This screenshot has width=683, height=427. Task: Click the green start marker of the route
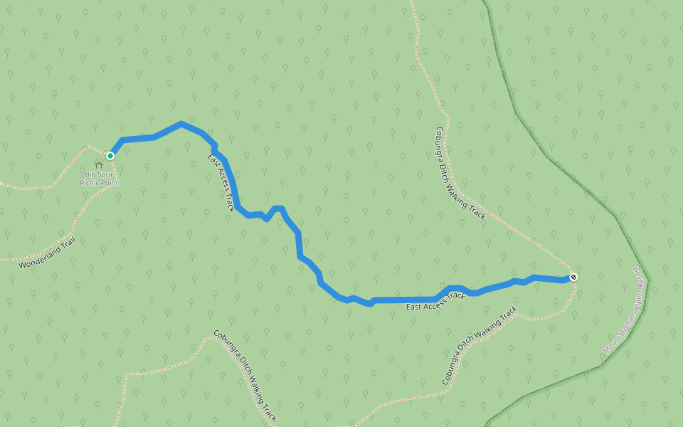[x=110, y=155]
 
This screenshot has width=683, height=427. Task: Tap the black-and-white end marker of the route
[x=573, y=277]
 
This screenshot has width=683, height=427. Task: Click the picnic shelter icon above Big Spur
[x=98, y=165]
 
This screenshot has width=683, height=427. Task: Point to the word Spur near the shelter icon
[x=106, y=174]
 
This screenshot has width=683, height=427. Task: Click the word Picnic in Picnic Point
[x=90, y=183]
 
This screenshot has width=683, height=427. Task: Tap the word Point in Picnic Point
[x=110, y=183]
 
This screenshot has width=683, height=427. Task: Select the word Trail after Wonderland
[x=68, y=243]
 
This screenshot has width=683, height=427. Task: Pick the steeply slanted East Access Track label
[x=221, y=183]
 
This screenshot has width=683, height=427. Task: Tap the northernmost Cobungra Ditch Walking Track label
[x=460, y=173]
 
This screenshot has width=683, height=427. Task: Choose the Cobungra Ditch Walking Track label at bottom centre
[x=245, y=376]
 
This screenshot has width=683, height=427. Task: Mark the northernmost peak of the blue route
[x=181, y=124]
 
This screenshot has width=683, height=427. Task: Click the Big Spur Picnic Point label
[x=99, y=179]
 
